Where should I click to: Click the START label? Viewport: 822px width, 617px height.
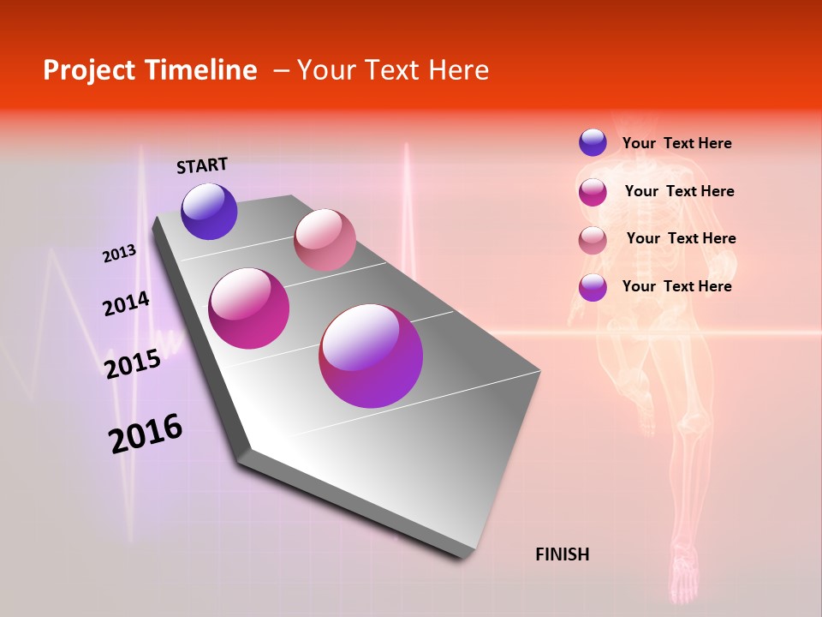point(202,165)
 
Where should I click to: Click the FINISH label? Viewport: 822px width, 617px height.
point(562,554)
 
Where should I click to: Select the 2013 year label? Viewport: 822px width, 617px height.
point(120,254)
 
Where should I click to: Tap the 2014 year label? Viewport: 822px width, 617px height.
point(126,303)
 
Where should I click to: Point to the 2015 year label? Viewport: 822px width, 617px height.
point(133,363)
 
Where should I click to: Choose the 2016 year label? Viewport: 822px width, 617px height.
point(146,433)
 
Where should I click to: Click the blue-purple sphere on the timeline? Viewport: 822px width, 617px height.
point(209,211)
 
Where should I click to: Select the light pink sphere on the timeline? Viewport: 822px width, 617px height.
point(325,240)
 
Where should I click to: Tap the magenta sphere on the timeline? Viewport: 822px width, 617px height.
point(249,308)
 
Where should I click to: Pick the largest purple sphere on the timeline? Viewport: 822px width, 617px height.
point(371,356)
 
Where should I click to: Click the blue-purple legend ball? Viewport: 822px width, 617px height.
point(593,142)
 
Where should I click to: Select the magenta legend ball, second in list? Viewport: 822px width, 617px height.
point(593,192)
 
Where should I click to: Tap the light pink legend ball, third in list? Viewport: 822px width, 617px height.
point(593,239)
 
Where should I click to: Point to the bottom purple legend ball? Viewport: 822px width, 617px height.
point(593,287)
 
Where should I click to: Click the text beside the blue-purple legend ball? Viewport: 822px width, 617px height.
point(676,143)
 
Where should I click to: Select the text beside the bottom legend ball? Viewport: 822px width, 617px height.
point(676,286)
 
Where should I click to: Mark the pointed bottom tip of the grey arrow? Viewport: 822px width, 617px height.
point(463,558)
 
